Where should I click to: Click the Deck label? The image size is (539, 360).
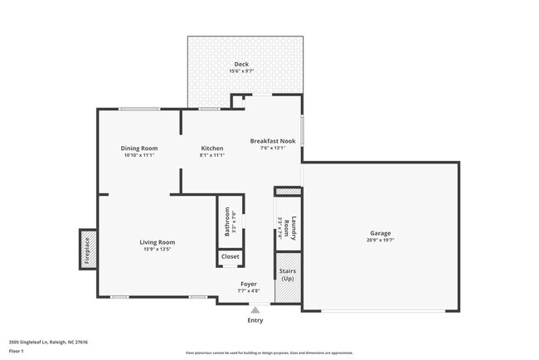click(x=241, y=64)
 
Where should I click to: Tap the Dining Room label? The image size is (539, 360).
click(x=140, y=148)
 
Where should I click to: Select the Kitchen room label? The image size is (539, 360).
click(x=211, y=148)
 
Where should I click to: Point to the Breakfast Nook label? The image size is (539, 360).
click(x=272, y=141)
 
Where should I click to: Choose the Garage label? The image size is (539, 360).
click(x=380, y=233)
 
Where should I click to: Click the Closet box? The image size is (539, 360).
click(x=230, y=257)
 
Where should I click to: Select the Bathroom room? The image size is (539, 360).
click(x=230, y=222)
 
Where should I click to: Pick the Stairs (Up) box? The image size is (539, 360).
click(x=287, y=275)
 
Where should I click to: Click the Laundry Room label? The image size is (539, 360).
click(x=287, y=225)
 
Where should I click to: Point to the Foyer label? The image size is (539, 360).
click(x=249, y=284)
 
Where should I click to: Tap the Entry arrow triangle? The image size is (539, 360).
click(x=255, y=309)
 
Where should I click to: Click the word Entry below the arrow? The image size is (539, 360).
click(x=255, y=320)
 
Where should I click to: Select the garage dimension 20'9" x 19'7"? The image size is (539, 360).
click(x=380, y=241)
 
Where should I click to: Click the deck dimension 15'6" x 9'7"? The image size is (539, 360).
click(x=241, y=71)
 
